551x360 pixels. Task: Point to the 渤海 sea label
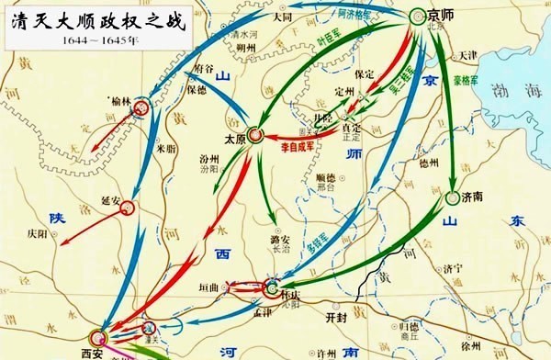tap(517, 91)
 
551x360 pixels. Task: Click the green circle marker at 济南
tap(453, 197)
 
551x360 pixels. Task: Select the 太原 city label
tap(236, 140)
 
